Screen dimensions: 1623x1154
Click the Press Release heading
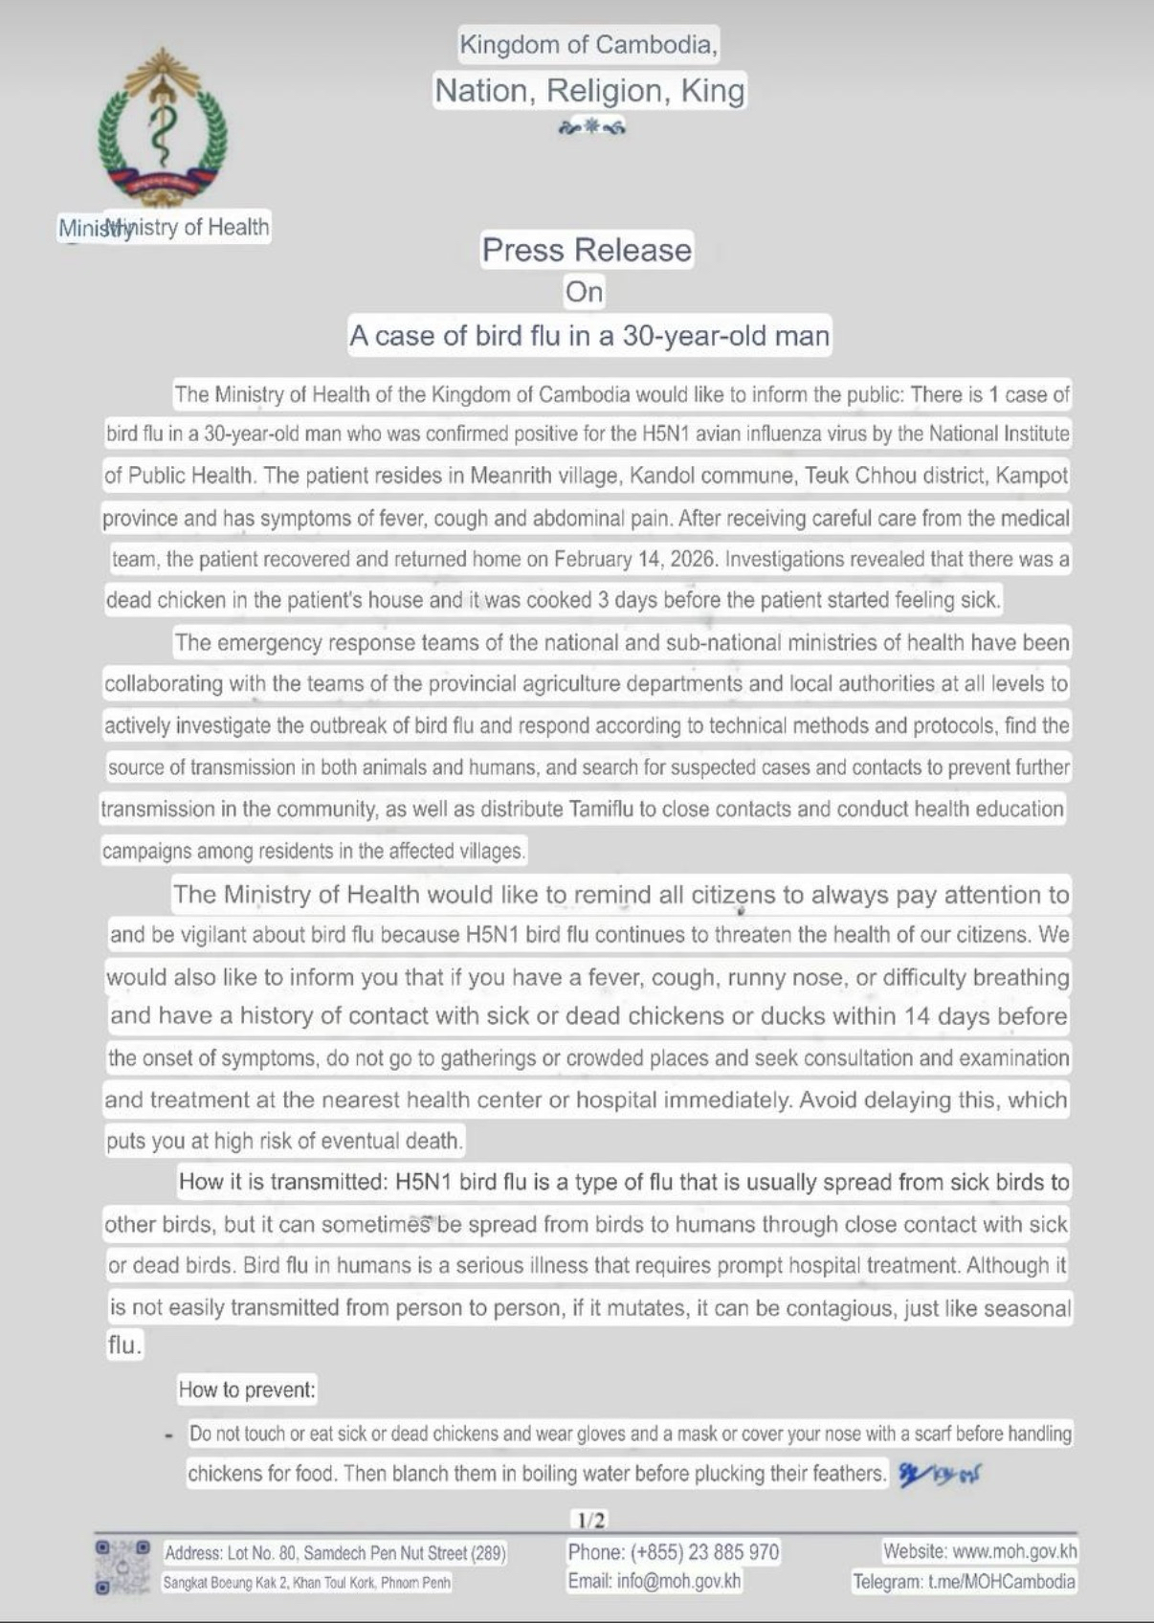(x=587, y=250)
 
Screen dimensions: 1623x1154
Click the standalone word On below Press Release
(x=584, y=291)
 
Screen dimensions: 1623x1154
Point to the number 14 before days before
(x=916, y=1016)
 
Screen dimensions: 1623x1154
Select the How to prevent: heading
(x=247, y=1390)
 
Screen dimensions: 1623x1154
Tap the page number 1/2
(x=590, y=1520)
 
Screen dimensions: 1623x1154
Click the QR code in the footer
(x=122, y=1567)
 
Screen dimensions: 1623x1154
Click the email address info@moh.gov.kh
(x=678, y=1581)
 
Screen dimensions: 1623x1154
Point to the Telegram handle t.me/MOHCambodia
(x=1002, y=1582)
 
